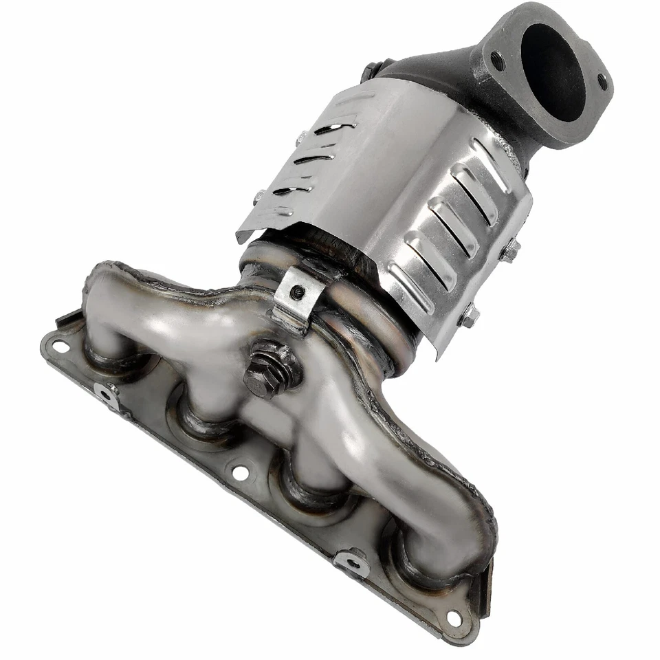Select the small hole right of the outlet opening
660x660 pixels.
(602, 83)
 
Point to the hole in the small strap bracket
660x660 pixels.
(297, 292)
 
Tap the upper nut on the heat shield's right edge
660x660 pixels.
(510, 251)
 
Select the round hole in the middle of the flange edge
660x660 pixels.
(240, 472)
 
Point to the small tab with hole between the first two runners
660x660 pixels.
(107, 395)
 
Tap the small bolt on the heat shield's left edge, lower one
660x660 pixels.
(258, 197)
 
